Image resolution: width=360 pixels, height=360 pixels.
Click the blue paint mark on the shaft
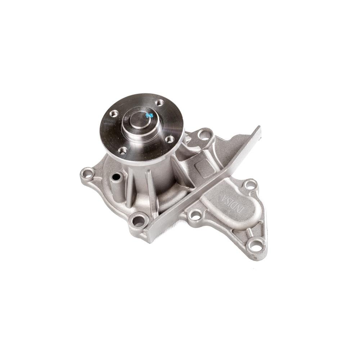[149, 115]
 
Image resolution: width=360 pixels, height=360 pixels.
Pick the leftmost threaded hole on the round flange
[114, 113]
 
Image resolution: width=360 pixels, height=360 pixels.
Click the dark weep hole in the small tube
[116, 177]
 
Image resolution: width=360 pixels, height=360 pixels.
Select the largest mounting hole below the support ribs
[138, 221]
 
